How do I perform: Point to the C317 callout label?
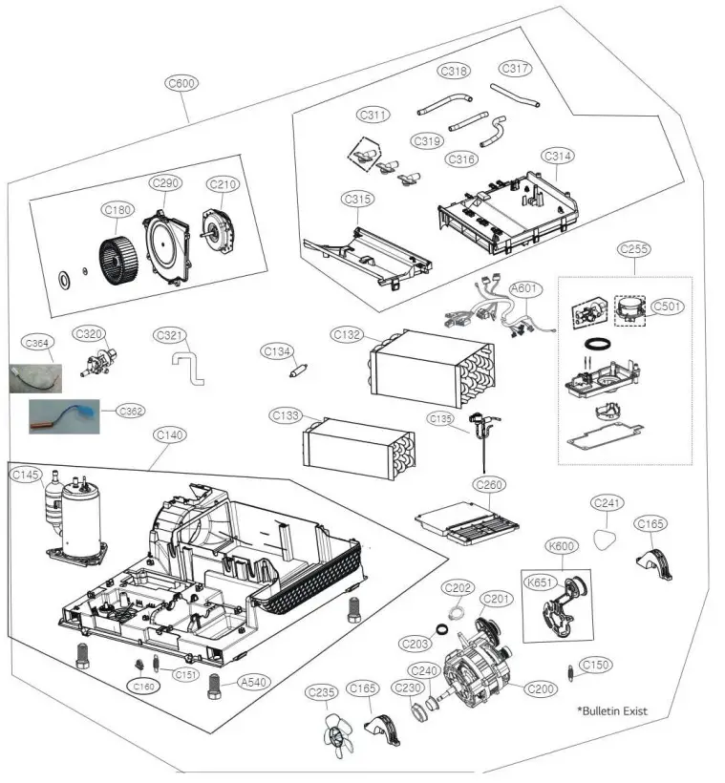point(515,68)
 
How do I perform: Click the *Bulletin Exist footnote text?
point(612,711)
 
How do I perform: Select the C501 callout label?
point(669,307)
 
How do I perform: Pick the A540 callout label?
point(253,682)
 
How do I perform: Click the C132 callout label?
point(348,334)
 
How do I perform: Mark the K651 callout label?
point(540,582)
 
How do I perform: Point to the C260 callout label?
point(489,485)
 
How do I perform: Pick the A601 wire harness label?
point(524,287)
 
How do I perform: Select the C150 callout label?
point(596,664)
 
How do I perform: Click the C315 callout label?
point(357,199)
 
